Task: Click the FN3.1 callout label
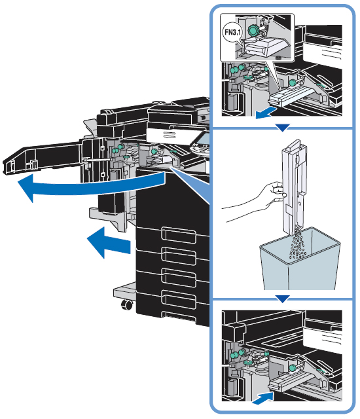coord(232,32)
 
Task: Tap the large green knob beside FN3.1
coord(253,30)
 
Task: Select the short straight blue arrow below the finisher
coord(109,243)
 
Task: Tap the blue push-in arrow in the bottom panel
coord(263,397)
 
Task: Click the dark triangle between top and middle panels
coord(282,128)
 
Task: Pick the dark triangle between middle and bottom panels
coord(282,299)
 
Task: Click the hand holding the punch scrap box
coord(257,200)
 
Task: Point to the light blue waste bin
coord(299,261)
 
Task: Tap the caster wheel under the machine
coord(126,304)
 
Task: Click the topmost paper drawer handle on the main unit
coord(179,235)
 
